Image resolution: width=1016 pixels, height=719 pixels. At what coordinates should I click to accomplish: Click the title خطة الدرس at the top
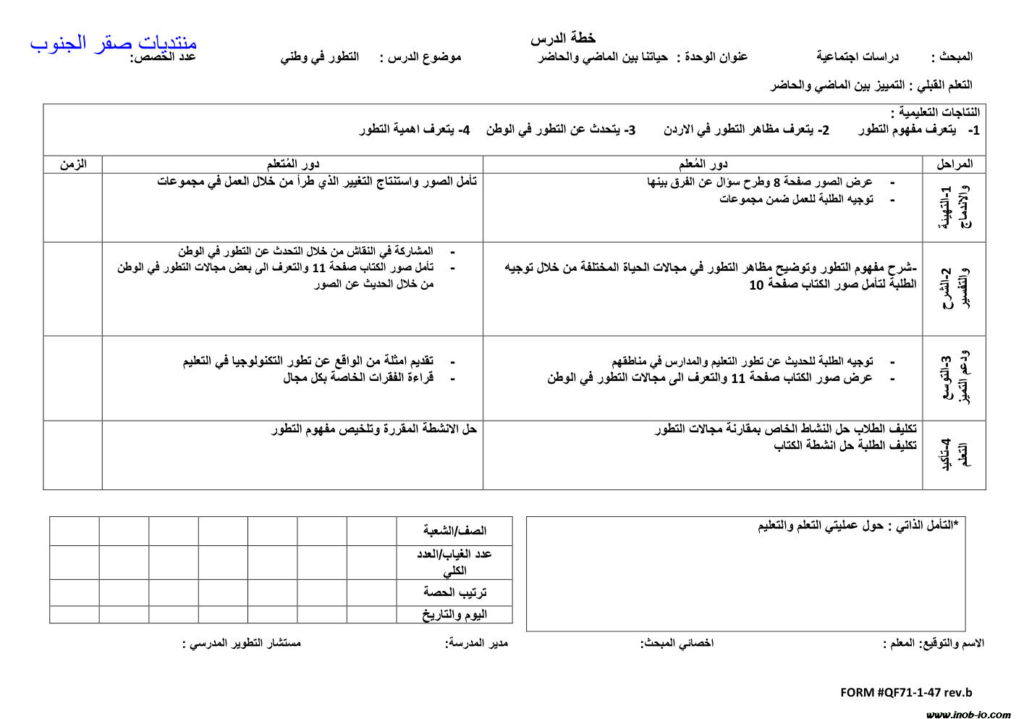[563, 38]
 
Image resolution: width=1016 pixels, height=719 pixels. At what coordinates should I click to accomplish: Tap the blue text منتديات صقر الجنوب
[114, 43]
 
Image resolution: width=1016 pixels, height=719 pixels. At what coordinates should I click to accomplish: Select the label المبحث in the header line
[952, 56]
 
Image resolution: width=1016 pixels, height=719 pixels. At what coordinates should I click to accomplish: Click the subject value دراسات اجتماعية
[858, 56]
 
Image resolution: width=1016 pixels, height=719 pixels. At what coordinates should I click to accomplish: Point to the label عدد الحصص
[163, 57]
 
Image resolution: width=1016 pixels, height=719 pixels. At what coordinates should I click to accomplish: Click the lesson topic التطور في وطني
[320, 57]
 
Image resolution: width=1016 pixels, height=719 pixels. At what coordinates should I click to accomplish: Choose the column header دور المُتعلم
[293, 164]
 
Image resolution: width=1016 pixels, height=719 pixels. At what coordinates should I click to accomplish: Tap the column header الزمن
[73, 164]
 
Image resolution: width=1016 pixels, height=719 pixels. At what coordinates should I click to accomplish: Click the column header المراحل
[954, 164]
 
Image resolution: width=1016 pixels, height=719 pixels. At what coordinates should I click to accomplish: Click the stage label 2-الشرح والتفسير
[955, 289]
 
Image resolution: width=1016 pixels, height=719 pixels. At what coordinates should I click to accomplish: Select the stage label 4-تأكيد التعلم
[954, 455]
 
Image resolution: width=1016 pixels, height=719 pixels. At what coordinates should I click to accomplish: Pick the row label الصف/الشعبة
[455, 531]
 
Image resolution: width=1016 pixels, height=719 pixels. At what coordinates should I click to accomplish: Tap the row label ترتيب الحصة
[455, 592]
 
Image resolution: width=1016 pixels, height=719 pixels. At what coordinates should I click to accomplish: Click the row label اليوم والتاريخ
[455, 615]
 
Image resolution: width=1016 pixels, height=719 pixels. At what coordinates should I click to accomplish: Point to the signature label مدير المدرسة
[477, 643]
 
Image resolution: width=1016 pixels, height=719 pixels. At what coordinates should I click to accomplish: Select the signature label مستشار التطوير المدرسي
[242, 643]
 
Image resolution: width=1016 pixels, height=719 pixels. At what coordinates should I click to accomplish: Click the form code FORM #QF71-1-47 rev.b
[906, 692]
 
